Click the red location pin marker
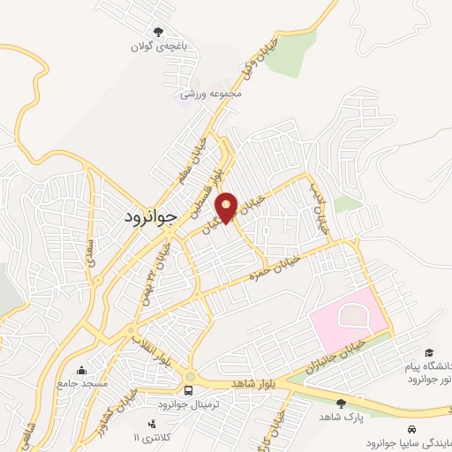227,207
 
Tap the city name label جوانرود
147,215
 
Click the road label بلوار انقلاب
149,348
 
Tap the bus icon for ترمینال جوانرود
189,390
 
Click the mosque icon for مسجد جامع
82,370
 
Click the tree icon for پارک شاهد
342,403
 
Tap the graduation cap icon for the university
429,352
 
